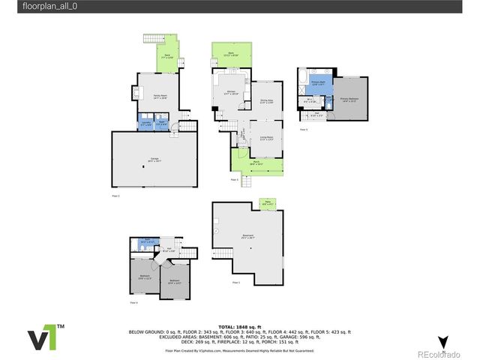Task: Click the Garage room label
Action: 155,159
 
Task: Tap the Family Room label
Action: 160,97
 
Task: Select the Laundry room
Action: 145,124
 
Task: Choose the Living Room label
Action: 266,138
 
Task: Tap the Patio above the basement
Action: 268,201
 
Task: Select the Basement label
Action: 248,235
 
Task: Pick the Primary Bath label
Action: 318,83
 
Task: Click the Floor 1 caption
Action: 236,282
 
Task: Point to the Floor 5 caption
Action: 304,130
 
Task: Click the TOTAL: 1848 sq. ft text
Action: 240,327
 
